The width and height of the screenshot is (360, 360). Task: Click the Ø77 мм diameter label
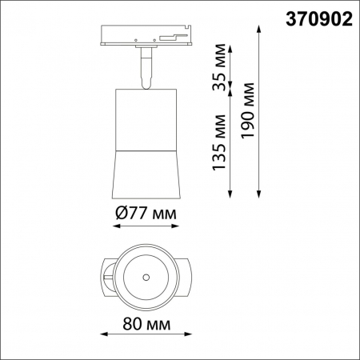145,213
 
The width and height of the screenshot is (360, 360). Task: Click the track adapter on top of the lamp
145,34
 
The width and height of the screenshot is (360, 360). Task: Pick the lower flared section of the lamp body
145,172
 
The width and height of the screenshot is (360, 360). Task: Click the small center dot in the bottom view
146,277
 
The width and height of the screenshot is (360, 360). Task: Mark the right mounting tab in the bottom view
187,277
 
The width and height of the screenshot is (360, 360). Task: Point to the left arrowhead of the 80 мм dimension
101,335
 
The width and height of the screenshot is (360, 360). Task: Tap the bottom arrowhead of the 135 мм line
231,195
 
